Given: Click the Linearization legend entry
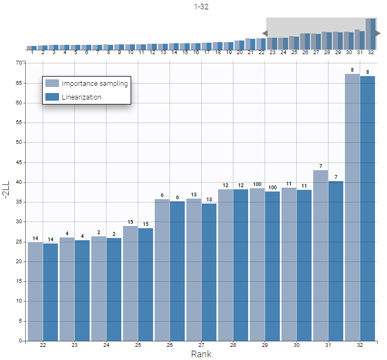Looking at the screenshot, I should click(81, 97).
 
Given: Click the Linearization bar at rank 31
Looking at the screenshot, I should click(336, 260).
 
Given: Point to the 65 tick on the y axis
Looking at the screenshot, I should click(20, 83).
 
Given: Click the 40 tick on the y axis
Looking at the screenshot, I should click(20, 182).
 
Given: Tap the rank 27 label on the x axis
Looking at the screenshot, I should click(201, 345).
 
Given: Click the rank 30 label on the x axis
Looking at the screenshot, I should click(296, 345).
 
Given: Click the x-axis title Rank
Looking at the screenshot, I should click(201, 354).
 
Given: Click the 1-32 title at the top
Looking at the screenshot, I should click(201, 7).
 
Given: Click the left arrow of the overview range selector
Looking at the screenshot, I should click(264, 33).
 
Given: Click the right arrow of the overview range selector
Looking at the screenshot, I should click(378, 33).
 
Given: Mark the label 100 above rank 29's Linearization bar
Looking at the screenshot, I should click(273, 188).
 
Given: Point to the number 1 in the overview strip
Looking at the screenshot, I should click(32, 53).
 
